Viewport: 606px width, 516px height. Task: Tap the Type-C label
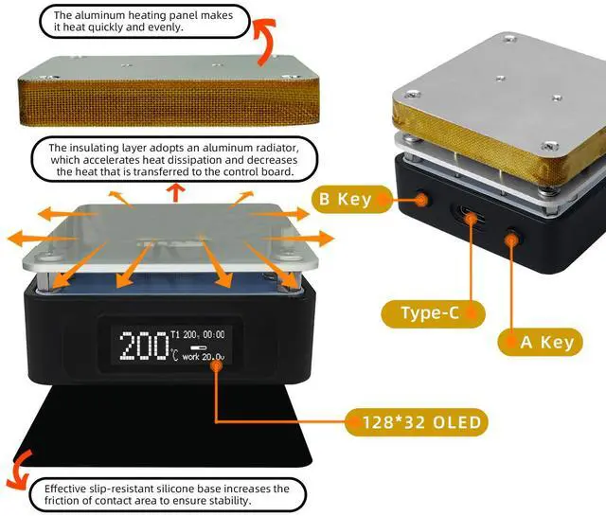(432, 312)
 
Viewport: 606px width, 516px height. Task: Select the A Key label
(546, 342)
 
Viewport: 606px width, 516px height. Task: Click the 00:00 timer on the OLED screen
(220, 334)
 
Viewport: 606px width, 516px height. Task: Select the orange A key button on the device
(516, 240)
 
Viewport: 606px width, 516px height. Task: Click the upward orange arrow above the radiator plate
(175, 193)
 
